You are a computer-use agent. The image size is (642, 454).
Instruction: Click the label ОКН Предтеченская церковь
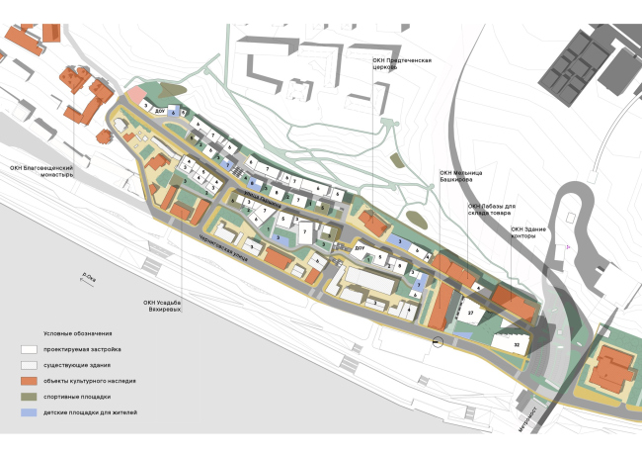tap(402, 63)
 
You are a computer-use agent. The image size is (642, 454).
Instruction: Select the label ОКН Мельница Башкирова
tap(463, 178)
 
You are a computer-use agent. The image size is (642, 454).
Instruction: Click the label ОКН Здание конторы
tap(528, 232)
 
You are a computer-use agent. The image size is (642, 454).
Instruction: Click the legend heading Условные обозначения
tap(78, 333)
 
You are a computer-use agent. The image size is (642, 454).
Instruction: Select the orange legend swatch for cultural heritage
tap(30, 381)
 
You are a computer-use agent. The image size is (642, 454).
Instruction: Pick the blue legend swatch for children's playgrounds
tap(30, 411)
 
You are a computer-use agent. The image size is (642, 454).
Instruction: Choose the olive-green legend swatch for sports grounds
tap(30, 396)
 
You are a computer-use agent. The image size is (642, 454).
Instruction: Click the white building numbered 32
tap(517, 344)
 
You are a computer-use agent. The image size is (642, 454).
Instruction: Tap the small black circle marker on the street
tap(437, 343)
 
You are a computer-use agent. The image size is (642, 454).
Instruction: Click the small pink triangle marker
tap(568, 246)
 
